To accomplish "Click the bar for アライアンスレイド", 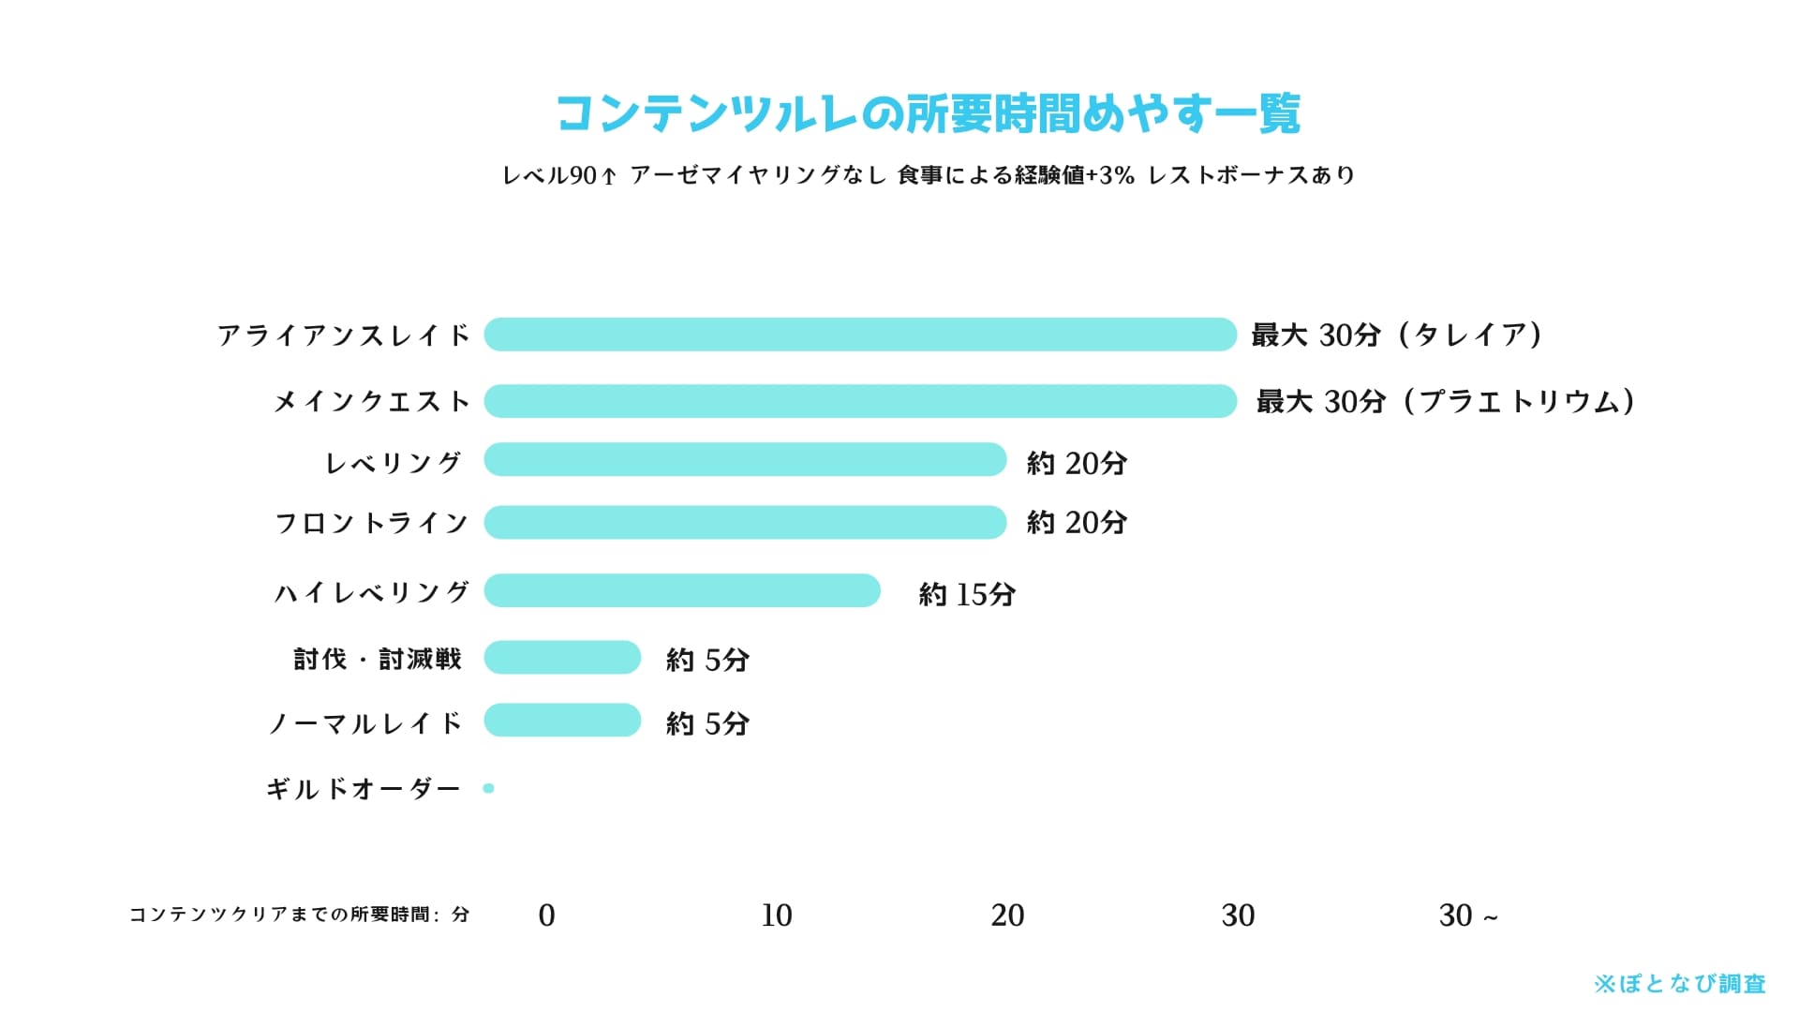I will [x=860, y=335].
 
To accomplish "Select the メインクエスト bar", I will [x=860, y=401].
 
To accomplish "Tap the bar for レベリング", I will [x=745, y=459].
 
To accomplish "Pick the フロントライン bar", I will [x=745, y=522].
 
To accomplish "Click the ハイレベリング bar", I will [x=682, y=590].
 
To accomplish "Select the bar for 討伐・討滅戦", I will [x=562, y=657].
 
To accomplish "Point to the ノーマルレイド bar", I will [x=562, y=720].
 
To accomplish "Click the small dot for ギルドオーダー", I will [x=488, y=788].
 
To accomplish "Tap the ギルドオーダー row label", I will [x=364, y=789].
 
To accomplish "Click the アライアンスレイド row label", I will [x=343, y=335].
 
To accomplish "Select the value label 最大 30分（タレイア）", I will [x=1397, y=335].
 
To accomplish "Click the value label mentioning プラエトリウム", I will [x=1446, y=401].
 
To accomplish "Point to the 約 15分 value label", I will [x=967, y=594].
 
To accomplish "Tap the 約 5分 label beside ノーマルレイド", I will [x=707, y=723].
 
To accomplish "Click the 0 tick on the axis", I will [x=546, y=915].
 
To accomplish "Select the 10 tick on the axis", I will [x=777, y=915].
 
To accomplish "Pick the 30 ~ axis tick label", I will [x=1468, y=915].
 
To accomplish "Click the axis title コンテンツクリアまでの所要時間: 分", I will [x=299, y=915].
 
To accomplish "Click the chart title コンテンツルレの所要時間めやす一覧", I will [x=928, y=114].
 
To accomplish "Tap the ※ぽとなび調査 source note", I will [x=1679, y=984].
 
